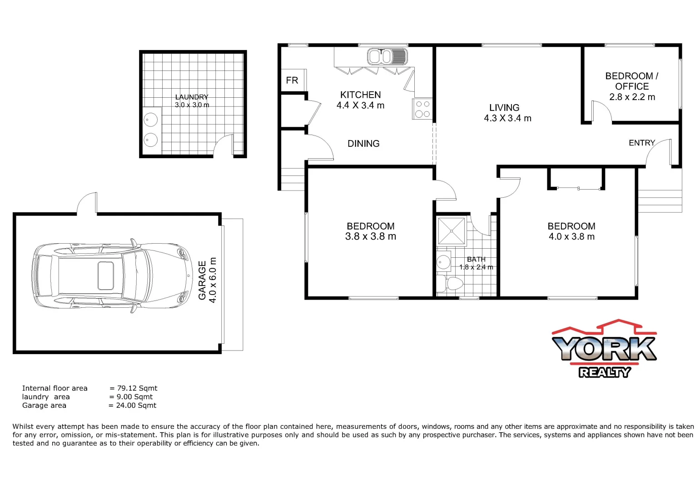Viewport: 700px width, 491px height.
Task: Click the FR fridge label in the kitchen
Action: tap(292, 80)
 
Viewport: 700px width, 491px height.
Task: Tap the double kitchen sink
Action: tap(387, 57)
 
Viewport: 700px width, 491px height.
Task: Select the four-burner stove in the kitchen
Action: tap(422, 109)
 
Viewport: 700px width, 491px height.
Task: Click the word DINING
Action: tap(363, 144)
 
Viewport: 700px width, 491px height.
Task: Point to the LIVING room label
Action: tap(504, 108)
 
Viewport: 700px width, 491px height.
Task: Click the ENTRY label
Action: tap(641, 143)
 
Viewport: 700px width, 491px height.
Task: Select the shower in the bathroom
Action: tap(452, 231)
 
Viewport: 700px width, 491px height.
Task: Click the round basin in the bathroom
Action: tap(443, 262)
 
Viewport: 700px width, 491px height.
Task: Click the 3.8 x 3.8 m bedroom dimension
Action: tap(371, 236)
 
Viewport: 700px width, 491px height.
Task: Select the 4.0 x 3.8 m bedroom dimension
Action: tap(571, 236)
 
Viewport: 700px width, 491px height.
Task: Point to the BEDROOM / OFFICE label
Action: tap(632, 81)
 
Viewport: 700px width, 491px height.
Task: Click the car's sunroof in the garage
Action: tap(106, 276)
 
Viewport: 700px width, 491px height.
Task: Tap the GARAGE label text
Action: tap(203, 280)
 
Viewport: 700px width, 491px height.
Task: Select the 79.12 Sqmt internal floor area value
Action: tap(137, 388)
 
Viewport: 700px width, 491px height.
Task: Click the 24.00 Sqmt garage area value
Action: tap(136, 406)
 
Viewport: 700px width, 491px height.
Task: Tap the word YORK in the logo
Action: tap(604, 348)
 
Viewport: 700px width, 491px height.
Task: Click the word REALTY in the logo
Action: tap(605, 372)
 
